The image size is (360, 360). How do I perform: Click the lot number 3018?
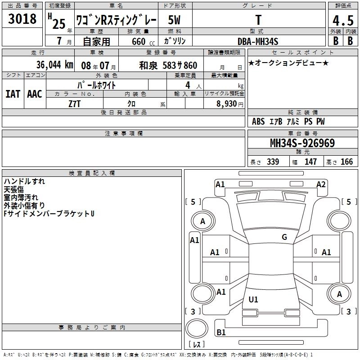[22, 18]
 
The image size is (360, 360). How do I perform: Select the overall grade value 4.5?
[343, 20]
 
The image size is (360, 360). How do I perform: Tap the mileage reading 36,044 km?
[54, 65]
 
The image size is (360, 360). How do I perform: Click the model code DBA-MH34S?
[258, 41]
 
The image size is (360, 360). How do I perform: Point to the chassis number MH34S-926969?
[302, 143]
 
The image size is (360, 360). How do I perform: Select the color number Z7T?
[74, 104]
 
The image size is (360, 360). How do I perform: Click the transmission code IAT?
[13, 94]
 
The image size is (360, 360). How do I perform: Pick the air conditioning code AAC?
[35, 94]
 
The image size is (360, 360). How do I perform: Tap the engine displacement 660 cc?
[143, 42]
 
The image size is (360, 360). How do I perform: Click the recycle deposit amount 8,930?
[227, 103]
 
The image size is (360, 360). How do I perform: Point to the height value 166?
[346, 162]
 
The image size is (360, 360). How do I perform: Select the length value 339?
[273, 162]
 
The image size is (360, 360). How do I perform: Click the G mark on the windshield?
[284, 237]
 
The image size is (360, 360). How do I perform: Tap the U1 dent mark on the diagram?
[253, 299]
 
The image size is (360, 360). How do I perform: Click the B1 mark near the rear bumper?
[221, 332]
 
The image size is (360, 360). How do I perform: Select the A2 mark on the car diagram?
[321, 184]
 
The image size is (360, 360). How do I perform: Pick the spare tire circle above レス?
[197, 328]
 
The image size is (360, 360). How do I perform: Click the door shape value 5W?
[174, 20]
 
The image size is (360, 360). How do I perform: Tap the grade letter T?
[258, 20]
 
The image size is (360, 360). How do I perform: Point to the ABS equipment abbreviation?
[258, 121]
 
